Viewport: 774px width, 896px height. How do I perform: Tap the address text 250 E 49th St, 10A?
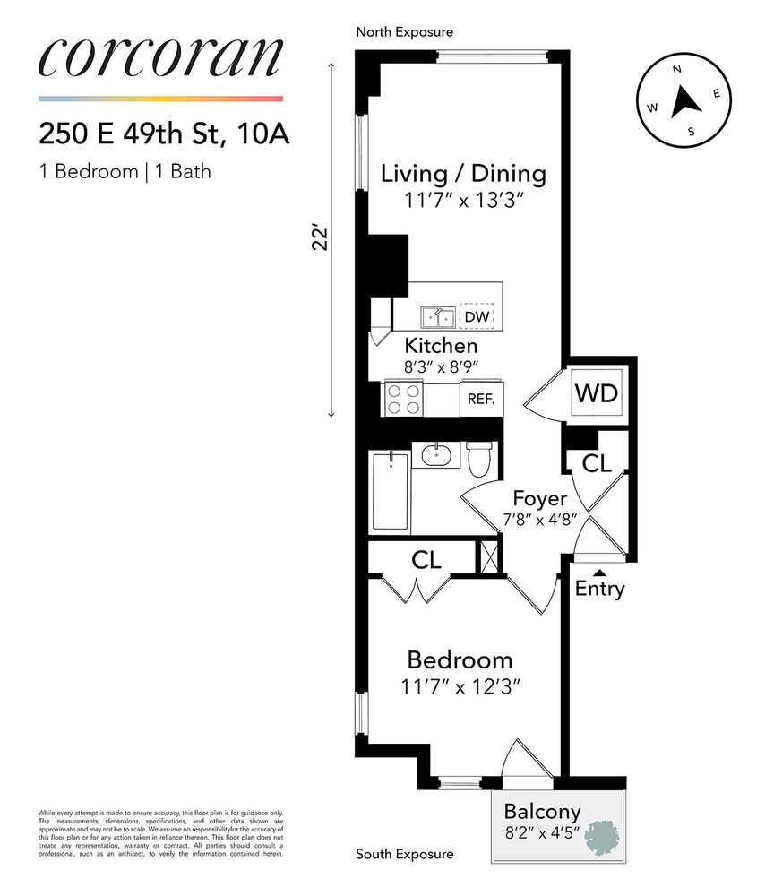164,134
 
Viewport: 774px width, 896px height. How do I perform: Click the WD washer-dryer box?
597,392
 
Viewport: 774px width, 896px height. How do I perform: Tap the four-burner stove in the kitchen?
404,399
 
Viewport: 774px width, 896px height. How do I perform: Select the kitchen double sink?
438,316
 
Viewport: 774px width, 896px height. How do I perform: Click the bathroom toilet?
479,460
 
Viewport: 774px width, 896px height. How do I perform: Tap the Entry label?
599,590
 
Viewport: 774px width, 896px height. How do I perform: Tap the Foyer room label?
540,498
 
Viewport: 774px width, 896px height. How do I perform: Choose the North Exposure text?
404,31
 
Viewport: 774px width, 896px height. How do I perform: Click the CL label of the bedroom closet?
426,560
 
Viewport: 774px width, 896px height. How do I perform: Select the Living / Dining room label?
463,173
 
